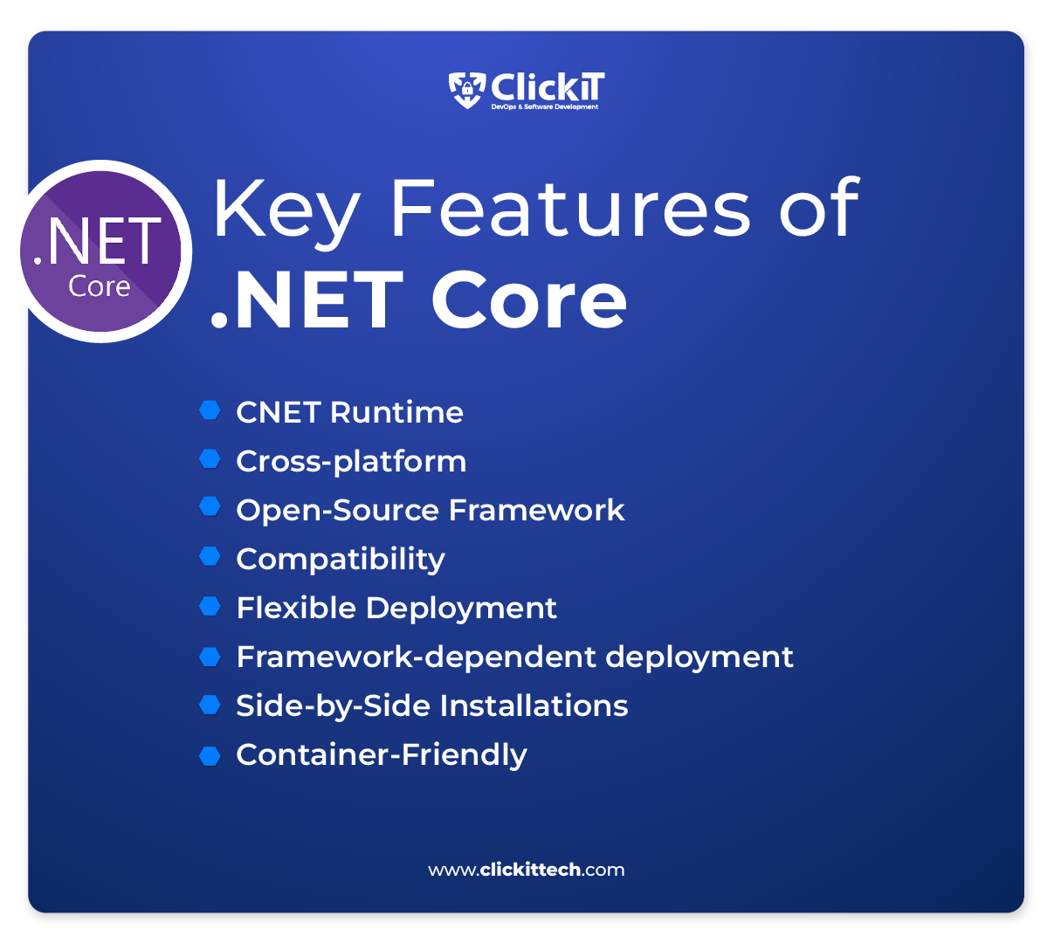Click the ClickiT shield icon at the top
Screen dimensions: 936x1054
click(x=467, y=89)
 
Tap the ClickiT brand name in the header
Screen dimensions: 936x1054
click(x=548, y=87)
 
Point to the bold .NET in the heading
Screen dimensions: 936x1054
click(x=307, y=300)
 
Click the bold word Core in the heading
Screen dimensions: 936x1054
click(x=529, y=300)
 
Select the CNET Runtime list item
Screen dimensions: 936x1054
click(x=349, y=412)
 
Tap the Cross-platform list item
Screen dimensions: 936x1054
click(x=351, y=461)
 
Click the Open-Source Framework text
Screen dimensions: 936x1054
click(x=430, y=510)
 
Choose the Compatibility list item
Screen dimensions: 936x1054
click(x=341, y=559)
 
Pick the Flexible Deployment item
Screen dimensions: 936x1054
click(x=396, y=608)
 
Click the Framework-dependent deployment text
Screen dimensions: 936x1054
click(x=514, y=657)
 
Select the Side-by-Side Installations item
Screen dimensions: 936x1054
click(x=431, y=705)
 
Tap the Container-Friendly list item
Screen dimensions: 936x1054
click(x=381, y=754)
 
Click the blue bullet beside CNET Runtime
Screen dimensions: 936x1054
click(x=210, y=410)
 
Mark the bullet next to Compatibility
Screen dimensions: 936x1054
click(x=210, y=557)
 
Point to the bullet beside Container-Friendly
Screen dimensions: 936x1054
click(x=210, y=755)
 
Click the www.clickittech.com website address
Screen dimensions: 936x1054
click(x=527, y=870)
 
